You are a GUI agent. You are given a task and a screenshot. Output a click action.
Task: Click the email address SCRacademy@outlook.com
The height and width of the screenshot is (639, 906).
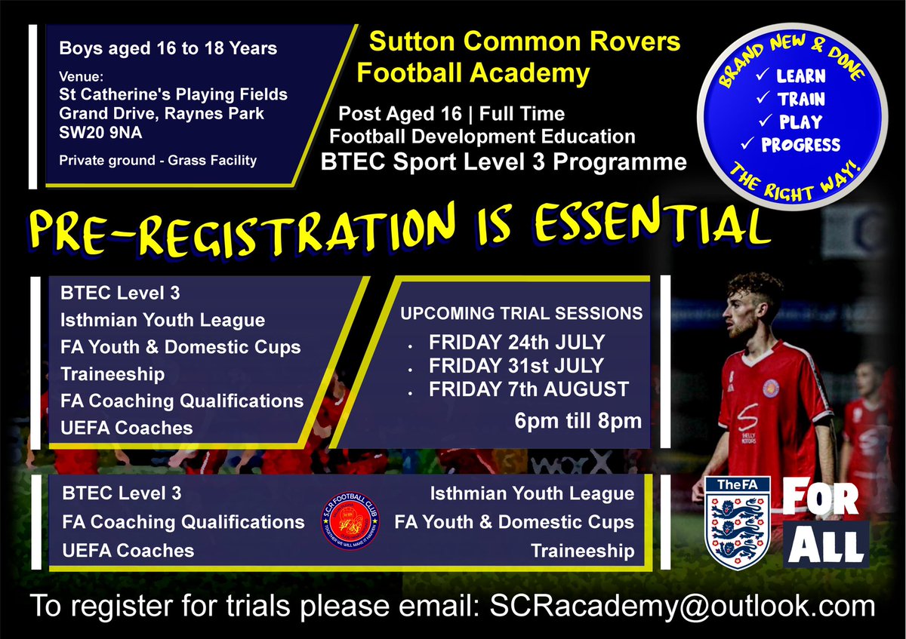(683, 606)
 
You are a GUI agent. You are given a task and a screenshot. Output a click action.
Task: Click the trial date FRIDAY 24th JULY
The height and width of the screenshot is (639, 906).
(516, 342)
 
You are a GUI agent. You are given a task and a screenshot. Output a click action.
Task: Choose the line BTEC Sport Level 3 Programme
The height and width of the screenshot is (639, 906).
(504, 161)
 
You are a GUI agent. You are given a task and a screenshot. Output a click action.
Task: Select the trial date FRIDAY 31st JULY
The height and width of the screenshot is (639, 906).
(516, 366)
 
